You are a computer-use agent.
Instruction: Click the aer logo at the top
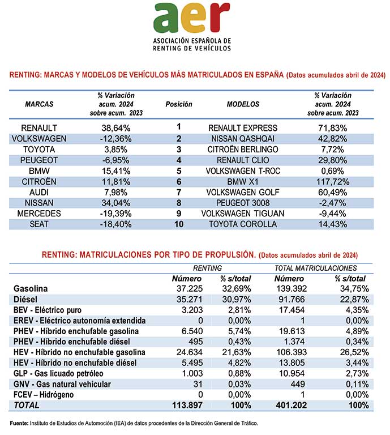[x=191, y=27]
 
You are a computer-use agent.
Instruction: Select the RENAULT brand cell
[x=39, y=128]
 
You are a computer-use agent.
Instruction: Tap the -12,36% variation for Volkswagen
[x=116, y=139]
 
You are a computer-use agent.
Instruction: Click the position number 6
[x=179, y=182]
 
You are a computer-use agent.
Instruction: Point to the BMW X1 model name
[x=242, y=182]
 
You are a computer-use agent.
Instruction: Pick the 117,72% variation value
[x=333, y=182]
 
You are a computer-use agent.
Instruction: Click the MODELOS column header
[x=243, y=104]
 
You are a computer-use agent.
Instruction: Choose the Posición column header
[x=179, y=104]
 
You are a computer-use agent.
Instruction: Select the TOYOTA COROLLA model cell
[x=243, y=224]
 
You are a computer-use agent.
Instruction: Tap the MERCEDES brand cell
[x=39, y=214]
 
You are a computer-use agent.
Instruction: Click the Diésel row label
[x=25, y=299]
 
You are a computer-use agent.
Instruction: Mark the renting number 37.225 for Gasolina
[x=190, y=288]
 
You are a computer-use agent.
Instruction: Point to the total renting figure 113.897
[x=187, y=406]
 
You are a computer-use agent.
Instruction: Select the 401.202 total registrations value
[x=291, y=406]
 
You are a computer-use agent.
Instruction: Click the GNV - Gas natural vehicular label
[x=62, y=384]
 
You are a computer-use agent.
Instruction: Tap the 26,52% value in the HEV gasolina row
[x=354, y=352]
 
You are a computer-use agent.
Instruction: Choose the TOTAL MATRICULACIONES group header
[x=316, y=268]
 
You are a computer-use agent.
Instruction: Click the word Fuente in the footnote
[x=19, y=423]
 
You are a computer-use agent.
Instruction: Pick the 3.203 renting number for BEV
[x=192, y=310]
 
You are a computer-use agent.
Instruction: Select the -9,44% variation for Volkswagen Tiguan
[x=333, y=214]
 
